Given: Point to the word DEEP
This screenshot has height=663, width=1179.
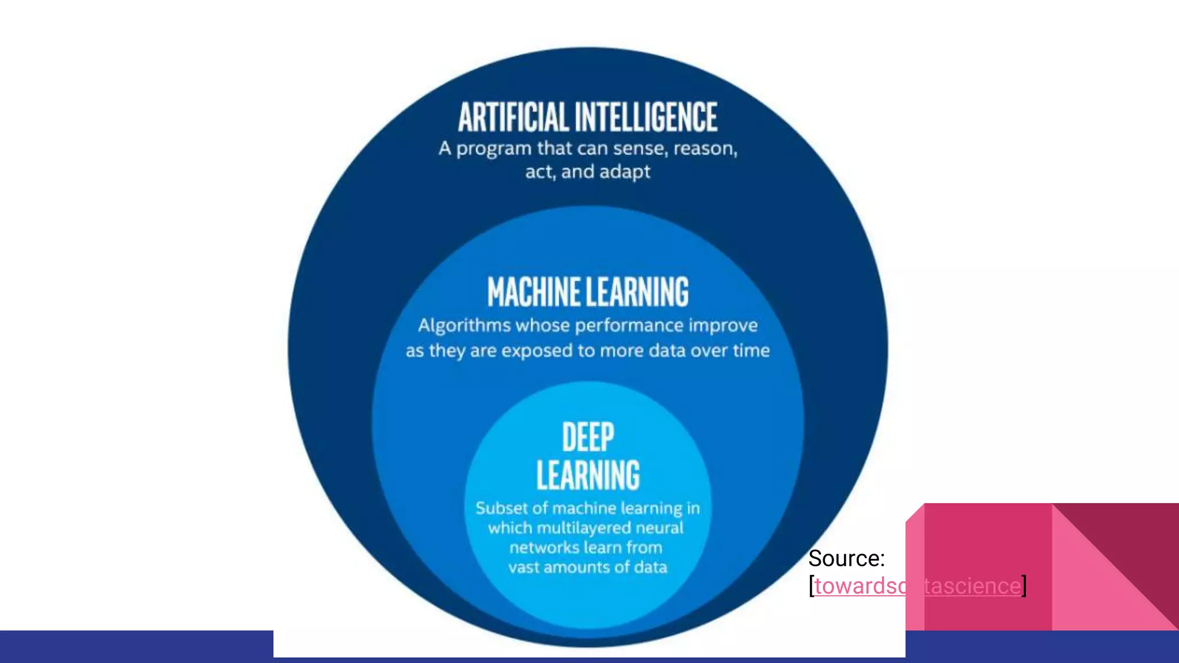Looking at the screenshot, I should pyautogui.click(x=588, y=437).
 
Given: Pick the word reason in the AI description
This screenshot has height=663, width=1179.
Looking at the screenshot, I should pyautogui.click(x=705, y=148).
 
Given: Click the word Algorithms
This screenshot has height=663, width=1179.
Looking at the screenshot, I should pyautogui.click(x=464, y=326).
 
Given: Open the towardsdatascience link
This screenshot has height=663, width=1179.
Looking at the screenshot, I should pyautogui.click(x=917, y=586).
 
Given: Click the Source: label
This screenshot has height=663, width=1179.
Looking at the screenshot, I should pyautogui.click(x=846, y=558).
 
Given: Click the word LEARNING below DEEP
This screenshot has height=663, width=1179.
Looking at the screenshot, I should pyautogui.click(x=588, y=475).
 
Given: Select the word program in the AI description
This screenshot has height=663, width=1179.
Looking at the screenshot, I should pyautogui.click(x=494, y=149).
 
